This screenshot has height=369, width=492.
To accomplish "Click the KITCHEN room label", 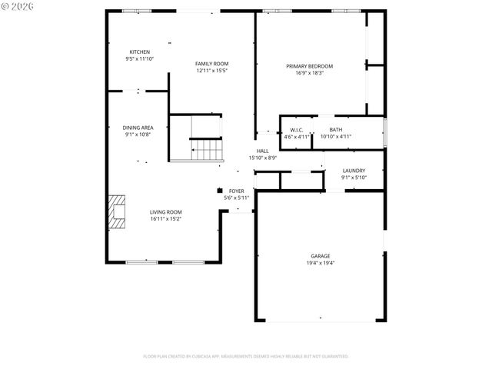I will pyautogui.click(x=139, y=52).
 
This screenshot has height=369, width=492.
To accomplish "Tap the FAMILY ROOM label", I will pyautogui.click(x=211, y=64).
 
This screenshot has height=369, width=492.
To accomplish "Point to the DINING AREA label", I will pyautogui.click(x=138, y=128).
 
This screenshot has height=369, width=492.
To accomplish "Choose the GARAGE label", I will pyautogui.click(x=321, y=256).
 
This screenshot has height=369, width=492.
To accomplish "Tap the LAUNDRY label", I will pyautogui.click(x=354, y=171).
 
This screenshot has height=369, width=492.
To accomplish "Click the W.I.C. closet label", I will pyautogui.click(x=297, y=130).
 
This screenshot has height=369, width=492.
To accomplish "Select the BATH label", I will pyautogui.click(x=336, y=130).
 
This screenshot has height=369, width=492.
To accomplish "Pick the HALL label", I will pyautogui.click(x=262, y=151).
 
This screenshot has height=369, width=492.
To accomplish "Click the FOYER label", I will pyautogui.click(x=236, y=191).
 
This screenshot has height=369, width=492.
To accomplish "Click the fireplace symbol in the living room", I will pyautogui.click(x=117, y=213).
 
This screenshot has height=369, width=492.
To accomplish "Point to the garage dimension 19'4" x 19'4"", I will pyautogui.click(x=321, y=263).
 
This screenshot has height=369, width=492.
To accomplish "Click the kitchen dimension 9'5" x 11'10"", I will pyautogui.click(x=139, y=58).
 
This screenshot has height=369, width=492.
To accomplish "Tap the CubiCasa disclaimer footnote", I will pyautogui.click(x=246, y=356).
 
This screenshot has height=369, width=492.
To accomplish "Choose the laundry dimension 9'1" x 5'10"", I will pyautogui.click(x=354, y=178).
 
